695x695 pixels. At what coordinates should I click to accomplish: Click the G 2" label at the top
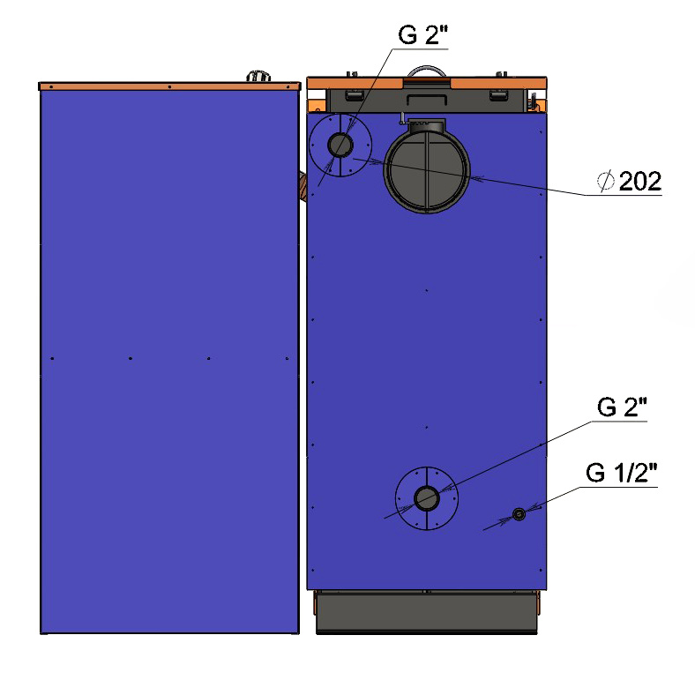click(422, 34)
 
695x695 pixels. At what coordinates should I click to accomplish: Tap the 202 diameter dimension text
click(639, 181)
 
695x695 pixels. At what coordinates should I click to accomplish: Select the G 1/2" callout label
click(621, 473)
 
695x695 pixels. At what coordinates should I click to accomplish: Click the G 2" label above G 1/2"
click(622, 407)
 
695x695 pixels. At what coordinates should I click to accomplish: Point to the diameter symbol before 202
click(605, 181)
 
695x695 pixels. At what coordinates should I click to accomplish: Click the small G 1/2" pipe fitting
click(519, 514)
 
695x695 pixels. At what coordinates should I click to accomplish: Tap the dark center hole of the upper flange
click(340, 145)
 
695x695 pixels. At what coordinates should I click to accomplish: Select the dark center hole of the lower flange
click(426, 498)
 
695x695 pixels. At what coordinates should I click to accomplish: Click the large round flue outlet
click(426, 170)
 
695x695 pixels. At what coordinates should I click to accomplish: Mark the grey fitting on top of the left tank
click(258, 76)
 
